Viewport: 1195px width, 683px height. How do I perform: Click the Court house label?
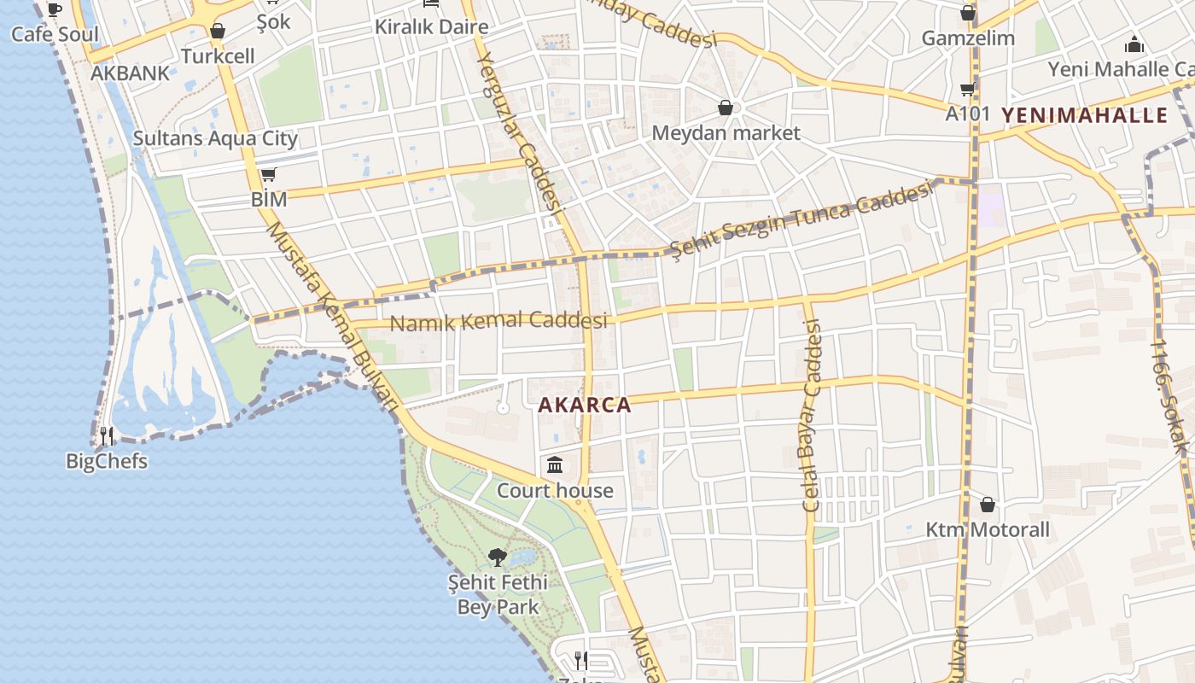click(555, 491)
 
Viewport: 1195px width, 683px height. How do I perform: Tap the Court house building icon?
click(555, 465)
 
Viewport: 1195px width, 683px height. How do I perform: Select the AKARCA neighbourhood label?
click(586, 406)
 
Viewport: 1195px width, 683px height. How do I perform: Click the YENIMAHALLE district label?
click(1084, 115)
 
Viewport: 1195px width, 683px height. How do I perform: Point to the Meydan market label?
click(726, 133)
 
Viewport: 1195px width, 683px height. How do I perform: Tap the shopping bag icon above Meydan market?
click(726, 108)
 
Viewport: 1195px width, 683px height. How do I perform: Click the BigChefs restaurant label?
click(107, 462)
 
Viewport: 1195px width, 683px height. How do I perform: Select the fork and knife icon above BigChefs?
click(107, 436)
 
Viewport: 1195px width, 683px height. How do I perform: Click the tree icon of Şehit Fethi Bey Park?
click(498, 557)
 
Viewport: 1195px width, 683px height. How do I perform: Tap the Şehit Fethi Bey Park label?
click(498, 595)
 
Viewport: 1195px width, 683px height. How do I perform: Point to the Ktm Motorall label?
click(988, 530)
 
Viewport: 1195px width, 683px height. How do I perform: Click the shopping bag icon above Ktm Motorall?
click(988, 505)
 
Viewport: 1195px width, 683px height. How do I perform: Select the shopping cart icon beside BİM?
click(268, 175)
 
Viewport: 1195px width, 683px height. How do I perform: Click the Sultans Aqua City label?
click(215, 138)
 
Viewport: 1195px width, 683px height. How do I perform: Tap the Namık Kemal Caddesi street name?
click(498, 322)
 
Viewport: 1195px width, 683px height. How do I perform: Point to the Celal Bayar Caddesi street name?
click(811, 416)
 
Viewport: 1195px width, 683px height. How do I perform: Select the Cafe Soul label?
click(55, 35)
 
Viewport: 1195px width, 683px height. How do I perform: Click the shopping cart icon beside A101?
click(967, 89)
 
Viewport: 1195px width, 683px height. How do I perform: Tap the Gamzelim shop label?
click(968, 38)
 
